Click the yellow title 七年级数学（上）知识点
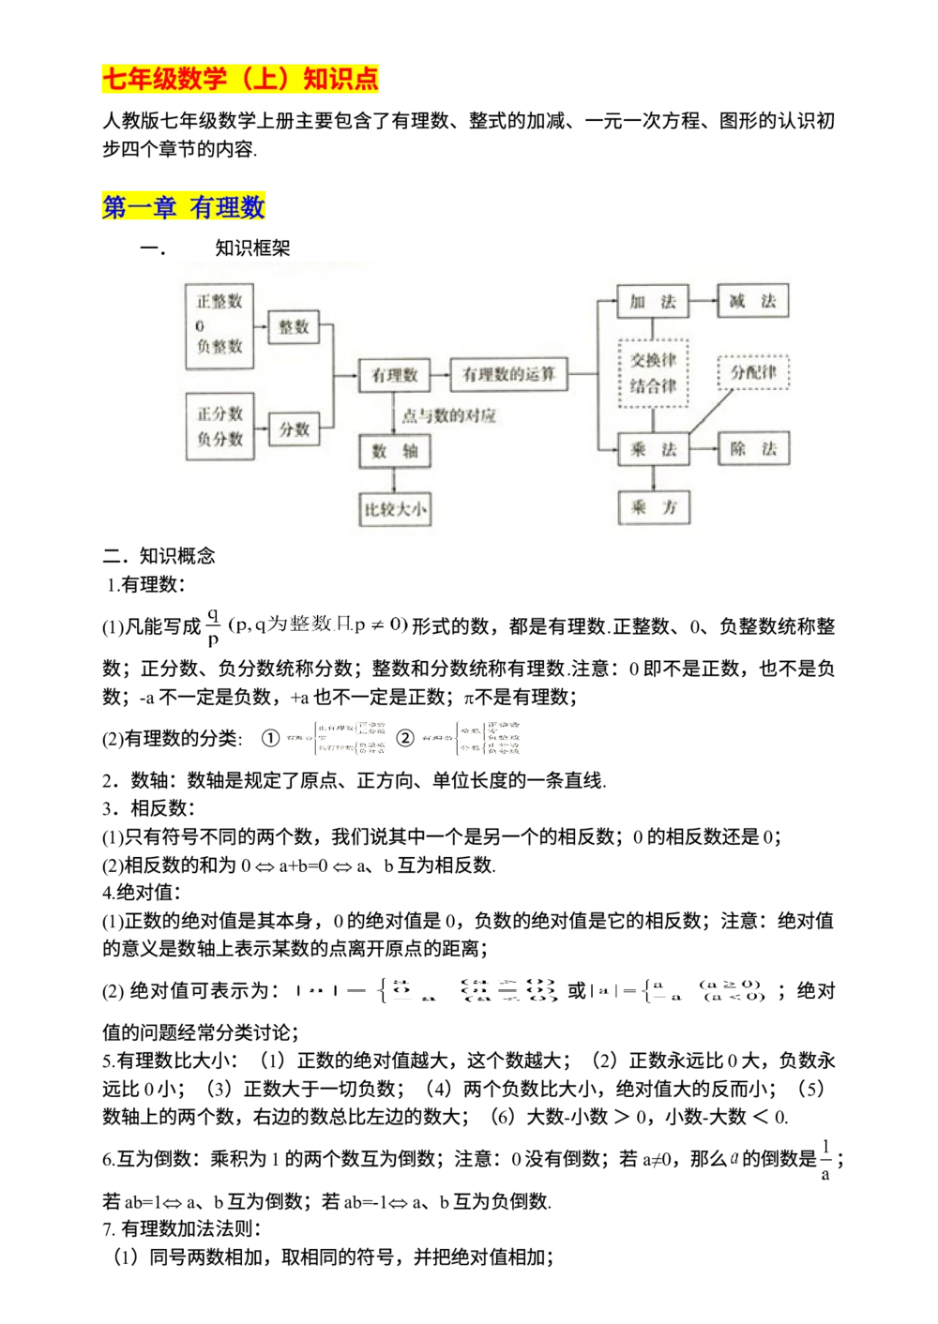click(x=240, y=80)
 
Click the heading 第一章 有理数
click(x=184, y=207)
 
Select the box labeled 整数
click(x=294, y=326)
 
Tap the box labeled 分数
click(x=294, y=429)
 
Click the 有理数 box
click(x=394, y=375)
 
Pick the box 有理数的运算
click(x=508, y=374)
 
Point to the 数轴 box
click(x=394, y=451)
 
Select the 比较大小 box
click(x=395, y=510)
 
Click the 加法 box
click(x=653, y=301)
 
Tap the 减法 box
click(x=752, y=301)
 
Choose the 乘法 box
click(x=653, y=449)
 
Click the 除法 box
click(x=753, y=449)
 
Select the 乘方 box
click(x=653, y=507)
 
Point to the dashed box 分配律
click(x=753, y=372)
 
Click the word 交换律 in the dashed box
click(x=653, y=360)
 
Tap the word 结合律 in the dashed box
click(x=653, y=385)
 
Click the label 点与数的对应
click(x=448, y=415)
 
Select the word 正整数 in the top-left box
click(x=219, y=301)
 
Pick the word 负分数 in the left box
click(x=219, y=438)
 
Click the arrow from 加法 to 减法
click(x=703, y=301)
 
